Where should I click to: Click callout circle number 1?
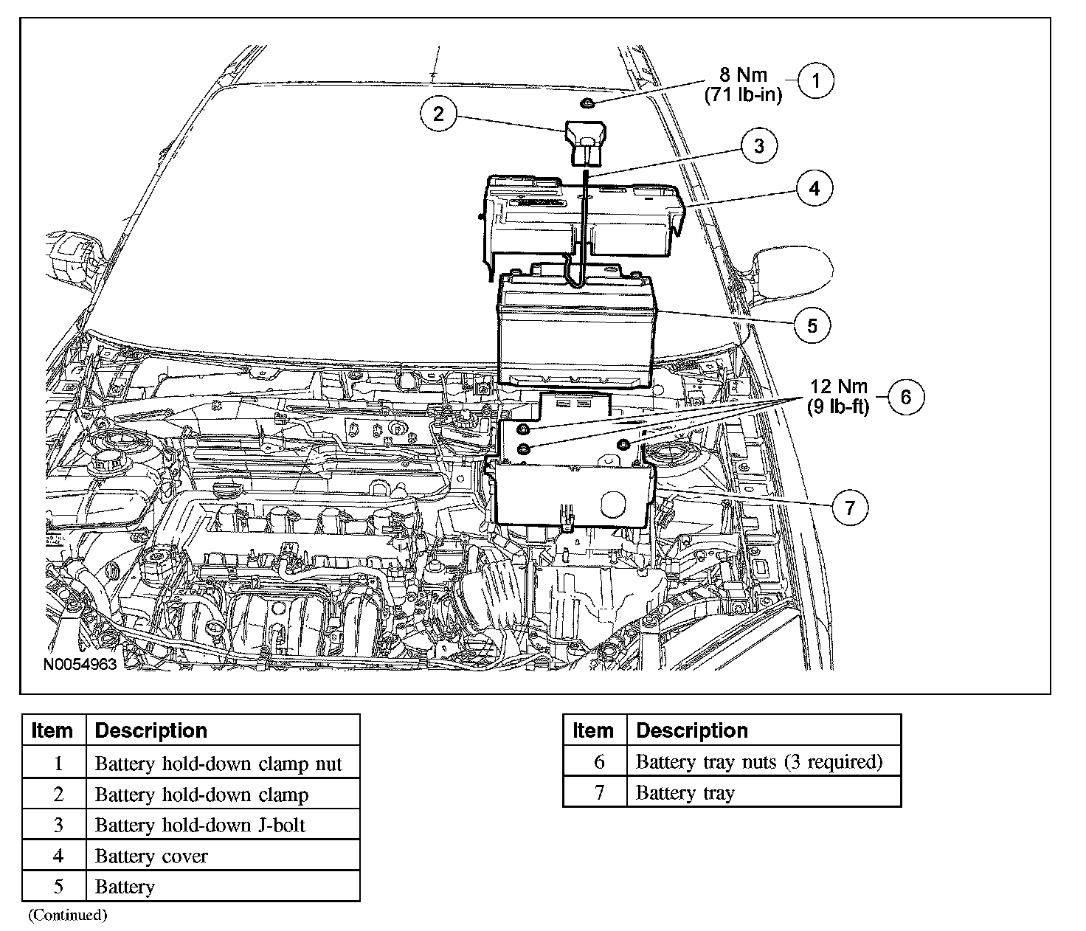(x=815, y=81)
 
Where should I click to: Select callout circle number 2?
(x=439, y=114)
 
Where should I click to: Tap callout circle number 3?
(x=759, y=146)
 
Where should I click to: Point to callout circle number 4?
(x=814, y=188)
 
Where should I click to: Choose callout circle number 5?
(x=812, y=325)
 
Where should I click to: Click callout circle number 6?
(x=906, y=397)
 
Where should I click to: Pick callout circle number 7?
(x=850, y=508)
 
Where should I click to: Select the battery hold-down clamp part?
(x=586, y=145)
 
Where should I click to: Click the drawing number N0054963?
(x=80, y=664)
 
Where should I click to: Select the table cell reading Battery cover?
(x=151, y=856)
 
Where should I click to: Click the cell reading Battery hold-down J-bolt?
(x=200, y=825)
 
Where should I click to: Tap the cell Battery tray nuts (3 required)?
(x=758, y=761)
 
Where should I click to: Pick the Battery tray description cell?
(x=685, y=792)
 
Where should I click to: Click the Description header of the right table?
(x=691, y=730)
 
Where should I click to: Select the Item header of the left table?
(x=52, y=730)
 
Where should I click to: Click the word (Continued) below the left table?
(x=68, y=915)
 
